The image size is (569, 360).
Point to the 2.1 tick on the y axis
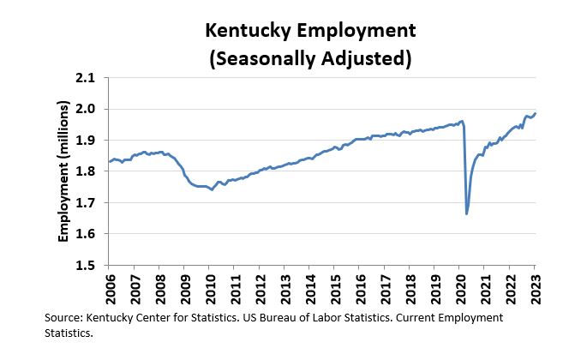pyautogui.click(x=87, y=77)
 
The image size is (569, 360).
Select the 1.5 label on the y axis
pyautogui.click(x=87, y=265)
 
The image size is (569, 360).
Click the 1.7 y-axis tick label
pyautogui.click(x=87, y=202)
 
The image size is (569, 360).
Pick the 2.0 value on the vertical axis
pyautogui.click(x=87, y=109)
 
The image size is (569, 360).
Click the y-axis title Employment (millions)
pyautogui.click(x=64, y=171)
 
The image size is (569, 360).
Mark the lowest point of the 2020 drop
pyautogui.click(x=467, y=213)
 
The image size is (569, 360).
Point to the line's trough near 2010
pyautogui.click(x=212, y=189)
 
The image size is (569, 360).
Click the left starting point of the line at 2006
pyautogui.click(x=110, y=161)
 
